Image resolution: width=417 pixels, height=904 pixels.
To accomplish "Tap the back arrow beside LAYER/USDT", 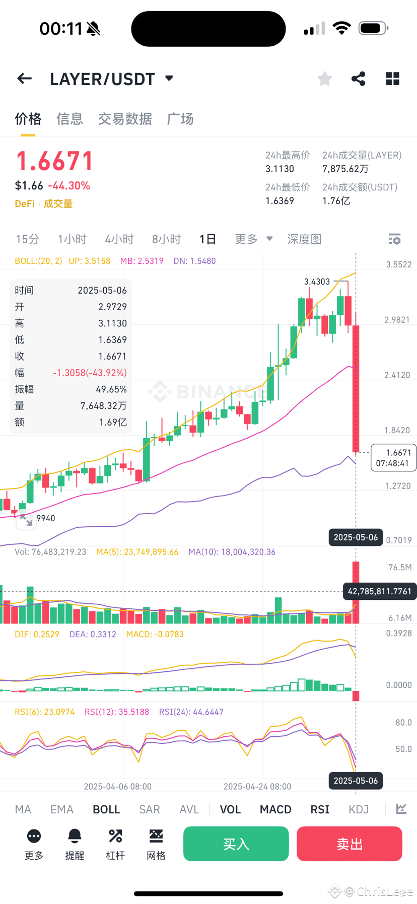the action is click(x=24, y=79).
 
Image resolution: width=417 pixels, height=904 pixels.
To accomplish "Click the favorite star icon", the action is click(x=325, y=79).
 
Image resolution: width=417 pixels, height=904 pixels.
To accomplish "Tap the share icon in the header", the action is click(x=358, y=79).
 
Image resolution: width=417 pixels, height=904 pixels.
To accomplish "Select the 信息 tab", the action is click(x=69, y=119).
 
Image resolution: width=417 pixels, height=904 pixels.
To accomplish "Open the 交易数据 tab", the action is click(x=125, y=119).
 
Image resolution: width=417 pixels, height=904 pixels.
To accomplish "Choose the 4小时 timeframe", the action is click(x=119, y=239).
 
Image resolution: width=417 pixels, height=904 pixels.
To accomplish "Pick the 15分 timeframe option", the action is click(x=28, y=239).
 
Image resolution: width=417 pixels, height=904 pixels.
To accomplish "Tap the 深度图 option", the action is click(x=304, y=239).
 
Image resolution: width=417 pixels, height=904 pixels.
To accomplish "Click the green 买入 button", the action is click(x=236, y=844).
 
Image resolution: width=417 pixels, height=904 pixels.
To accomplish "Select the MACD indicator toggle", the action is click(x=275, y=809).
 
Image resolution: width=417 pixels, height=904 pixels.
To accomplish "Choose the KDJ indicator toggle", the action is click(x=359, y=809).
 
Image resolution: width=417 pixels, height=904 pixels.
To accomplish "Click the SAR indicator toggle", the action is click(x=150, y=809).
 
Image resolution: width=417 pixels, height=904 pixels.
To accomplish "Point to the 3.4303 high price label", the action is click(x=317, y=282).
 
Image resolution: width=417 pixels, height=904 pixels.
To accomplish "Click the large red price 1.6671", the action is click(x=55, y=161).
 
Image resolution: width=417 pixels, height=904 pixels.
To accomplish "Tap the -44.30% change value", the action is click(x=69, y=186).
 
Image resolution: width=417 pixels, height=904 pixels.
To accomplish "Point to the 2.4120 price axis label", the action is click(x=397, y=375).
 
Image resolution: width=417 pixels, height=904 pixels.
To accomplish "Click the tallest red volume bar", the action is click(x=356, y=592).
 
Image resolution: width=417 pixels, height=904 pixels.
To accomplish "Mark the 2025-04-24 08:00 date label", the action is click(x=257, y=787).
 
